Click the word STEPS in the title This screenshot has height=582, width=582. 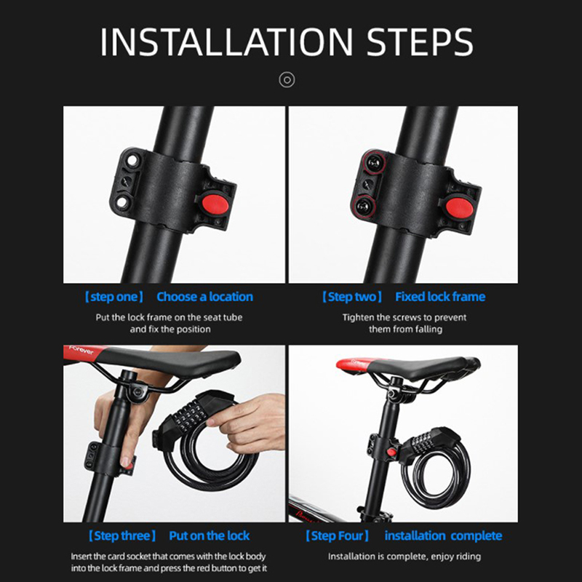click(x=420, y=41)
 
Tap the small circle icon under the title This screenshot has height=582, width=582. click(x=287, y=80)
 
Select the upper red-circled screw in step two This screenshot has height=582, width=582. click(x=374, y=162)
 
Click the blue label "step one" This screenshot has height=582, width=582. click(x=114, y=297)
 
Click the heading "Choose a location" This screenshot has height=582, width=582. click(x=205, y=297)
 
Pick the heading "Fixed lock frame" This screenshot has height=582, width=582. click(x=440, y=297)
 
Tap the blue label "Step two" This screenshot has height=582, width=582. click(x=352, y=297)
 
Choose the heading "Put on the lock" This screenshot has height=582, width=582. click(x=210, y=535)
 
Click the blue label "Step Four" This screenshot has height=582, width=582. click(x=338, y=535)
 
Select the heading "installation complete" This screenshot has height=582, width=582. click(x=444, y=535)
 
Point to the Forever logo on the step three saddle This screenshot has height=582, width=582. click(x=81, y=351)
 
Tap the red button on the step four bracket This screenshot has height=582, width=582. click(x=391, y=453)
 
